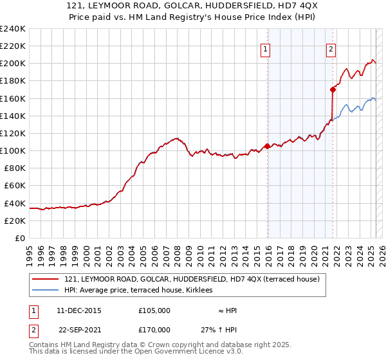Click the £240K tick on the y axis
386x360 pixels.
click(13, 29)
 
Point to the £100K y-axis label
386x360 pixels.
click(13, 150)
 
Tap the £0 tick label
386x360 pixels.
click(21, 238)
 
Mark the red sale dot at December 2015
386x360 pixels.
click(267, 146)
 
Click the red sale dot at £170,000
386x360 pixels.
click(333, 89)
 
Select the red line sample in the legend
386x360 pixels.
click(46, 279)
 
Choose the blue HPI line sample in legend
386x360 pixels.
click(46, 290)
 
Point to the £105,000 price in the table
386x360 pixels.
click(154, 310)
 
